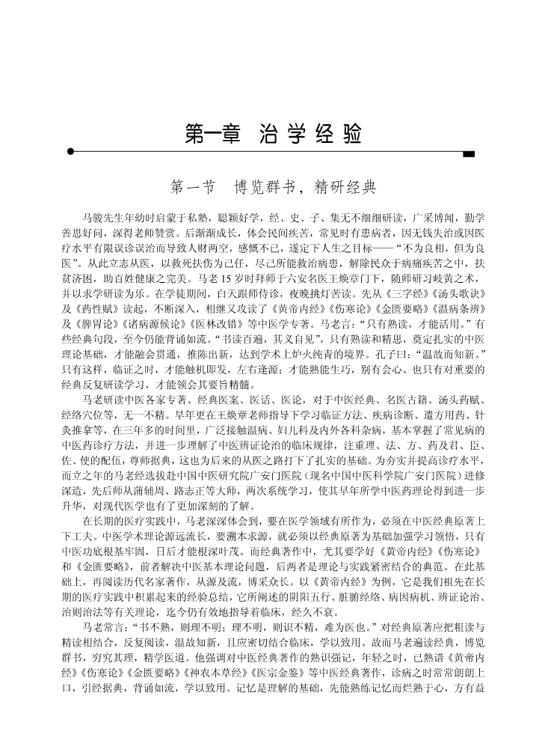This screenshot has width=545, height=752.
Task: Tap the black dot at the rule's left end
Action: (71, 151)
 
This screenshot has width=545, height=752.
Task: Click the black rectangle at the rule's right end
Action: (469, 154)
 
